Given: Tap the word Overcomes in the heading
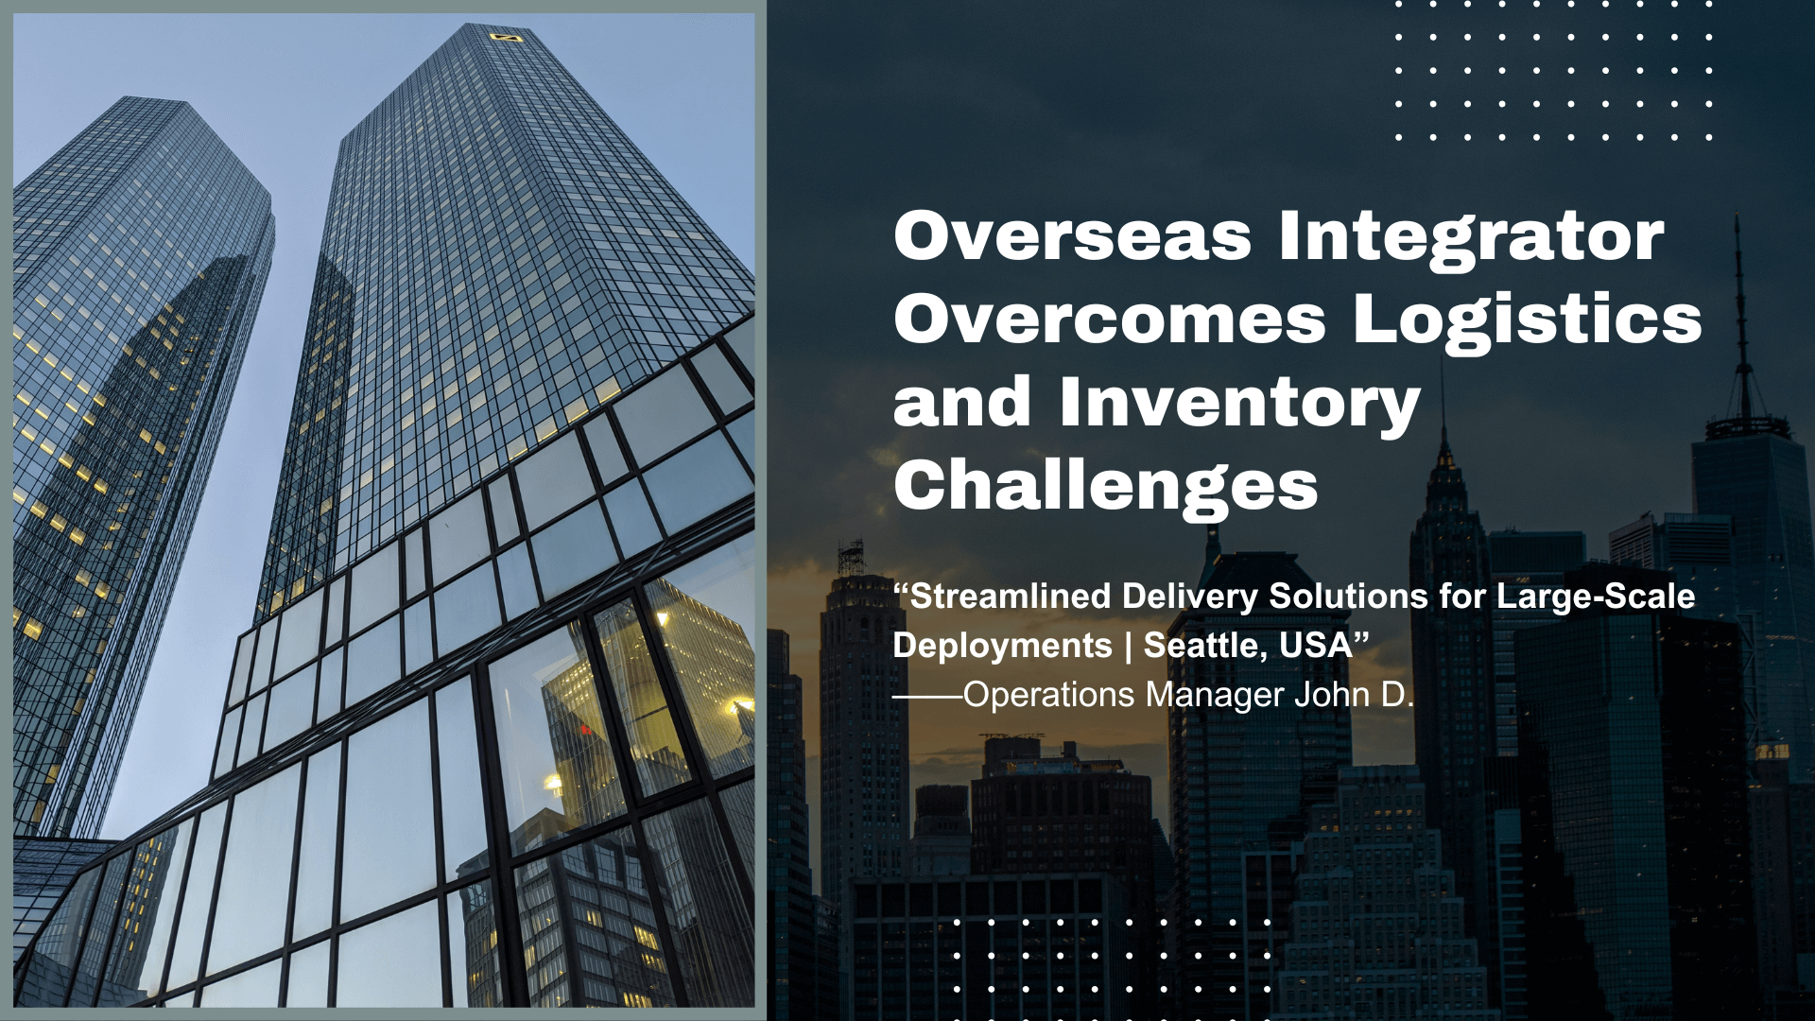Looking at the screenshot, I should [1110, 320].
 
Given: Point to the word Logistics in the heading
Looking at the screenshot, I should [1527, 320].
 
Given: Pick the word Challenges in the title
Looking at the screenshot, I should [1105, 486].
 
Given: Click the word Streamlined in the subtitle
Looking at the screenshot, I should [1010, 597].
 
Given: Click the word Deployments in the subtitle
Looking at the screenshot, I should [1002, 646].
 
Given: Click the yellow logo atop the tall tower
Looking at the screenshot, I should [506, 37].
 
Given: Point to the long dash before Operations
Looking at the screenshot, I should [927, 696].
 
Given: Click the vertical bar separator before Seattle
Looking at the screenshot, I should [1128, 646].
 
